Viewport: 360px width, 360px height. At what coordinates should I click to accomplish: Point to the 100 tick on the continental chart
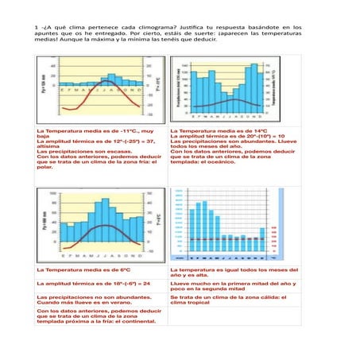52,192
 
